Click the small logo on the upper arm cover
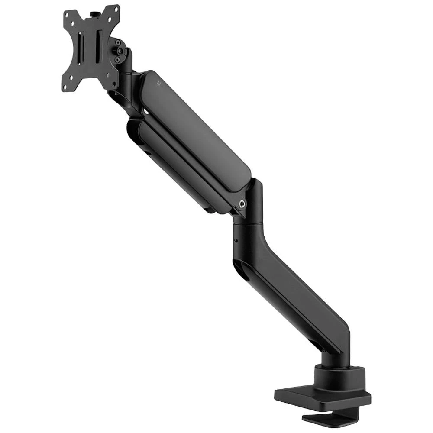[x=159, y=81]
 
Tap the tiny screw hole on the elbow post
[x=236, y=241]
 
